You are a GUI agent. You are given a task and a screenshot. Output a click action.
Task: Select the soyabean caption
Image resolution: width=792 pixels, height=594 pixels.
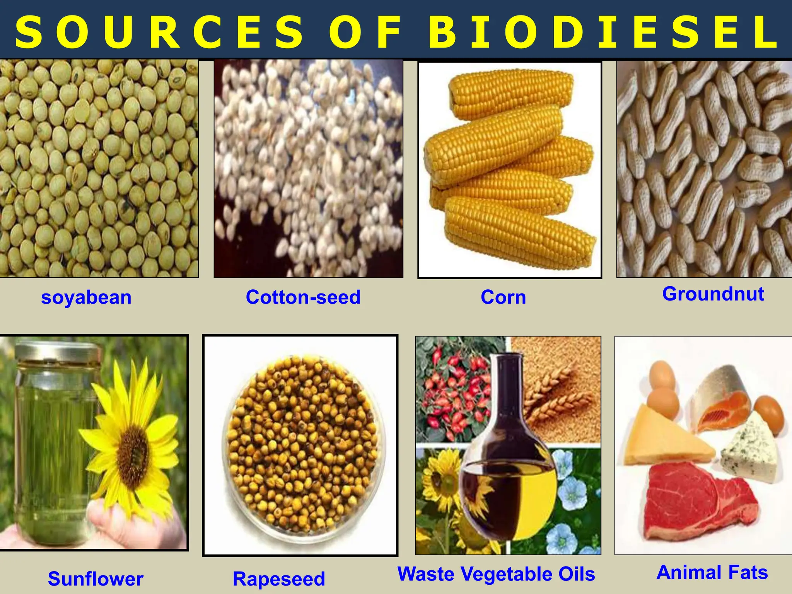coord(86,298)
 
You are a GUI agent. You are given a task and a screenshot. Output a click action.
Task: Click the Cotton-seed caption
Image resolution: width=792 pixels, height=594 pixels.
coord(303,297)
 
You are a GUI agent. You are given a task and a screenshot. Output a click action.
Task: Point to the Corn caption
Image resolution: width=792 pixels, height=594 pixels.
coord(503,297)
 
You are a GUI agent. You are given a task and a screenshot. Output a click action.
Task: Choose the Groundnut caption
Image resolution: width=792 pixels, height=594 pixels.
coord(713,294)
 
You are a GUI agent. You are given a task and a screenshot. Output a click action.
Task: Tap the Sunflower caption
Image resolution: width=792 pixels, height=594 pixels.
coord(96,579)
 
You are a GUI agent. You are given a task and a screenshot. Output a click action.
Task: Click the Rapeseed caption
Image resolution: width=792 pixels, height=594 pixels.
coord(279,579)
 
